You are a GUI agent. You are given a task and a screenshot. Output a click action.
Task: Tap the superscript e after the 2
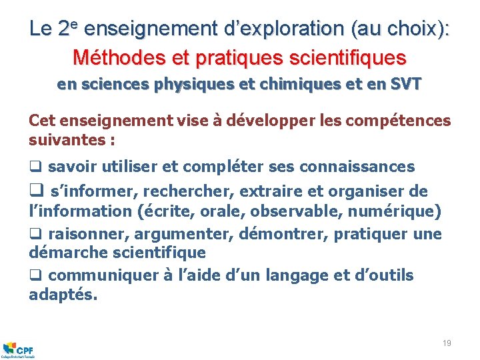pyautogui.click(x=75, y=25)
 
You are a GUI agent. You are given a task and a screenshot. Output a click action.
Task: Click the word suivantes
pyautogui.click(x=67, y=141)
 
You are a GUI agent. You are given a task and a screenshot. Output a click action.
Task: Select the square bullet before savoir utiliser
pyautogui.click(x=34, y=167)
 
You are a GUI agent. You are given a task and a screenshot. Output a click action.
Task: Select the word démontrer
pyautogui.click(x=294, y=234)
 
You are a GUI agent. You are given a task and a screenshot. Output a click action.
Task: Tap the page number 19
pyautogui.click(x=447, y=343)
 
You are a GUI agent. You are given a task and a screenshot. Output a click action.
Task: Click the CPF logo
pyautogui.click(x=19, y=349)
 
